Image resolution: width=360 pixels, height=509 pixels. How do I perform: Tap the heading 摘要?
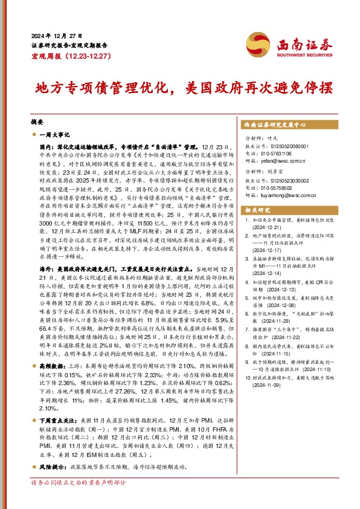pyautogui.click(x=37, y=121)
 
